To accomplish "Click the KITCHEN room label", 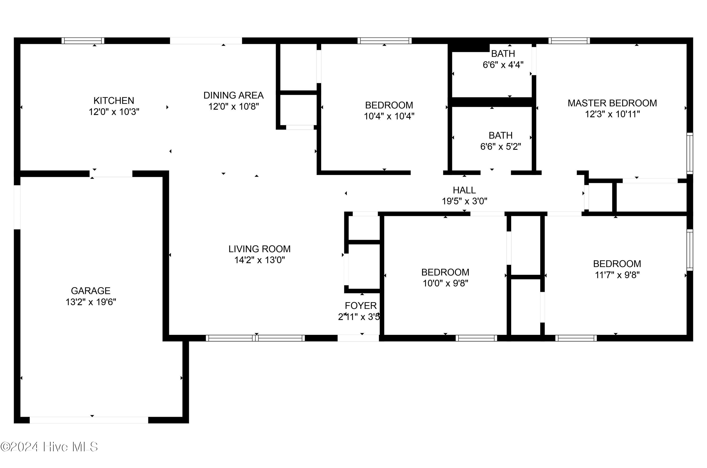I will pos(114,101).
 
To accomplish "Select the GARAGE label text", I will pos(90,291).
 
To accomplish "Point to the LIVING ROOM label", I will pos(259,249).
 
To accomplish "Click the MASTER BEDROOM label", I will pos(612,103).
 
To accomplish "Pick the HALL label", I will pos(464,190).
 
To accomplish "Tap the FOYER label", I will pos(361,306).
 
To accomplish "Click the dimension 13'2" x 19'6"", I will pos(91,302).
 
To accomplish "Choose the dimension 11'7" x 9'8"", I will pos(617,275).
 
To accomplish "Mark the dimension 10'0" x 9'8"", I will pos(445,283).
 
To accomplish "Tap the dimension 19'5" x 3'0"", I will pos(464,201).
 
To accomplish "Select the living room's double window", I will pos(255,338).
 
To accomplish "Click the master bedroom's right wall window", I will pos(690,153).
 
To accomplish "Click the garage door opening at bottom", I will pos(89,420).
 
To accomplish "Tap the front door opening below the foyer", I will pos(358,338).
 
